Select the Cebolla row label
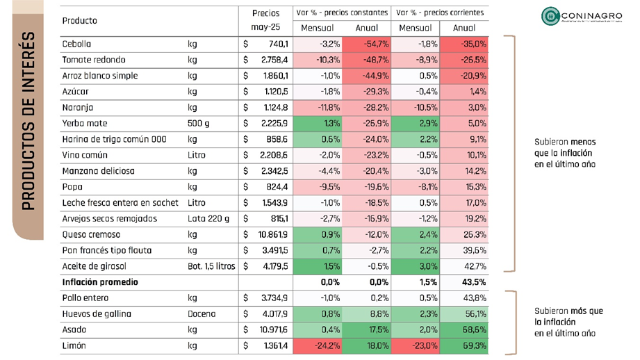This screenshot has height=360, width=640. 76,44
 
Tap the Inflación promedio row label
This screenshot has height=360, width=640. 100,282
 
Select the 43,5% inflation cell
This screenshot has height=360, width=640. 463,282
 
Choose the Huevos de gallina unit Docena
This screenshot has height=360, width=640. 203,313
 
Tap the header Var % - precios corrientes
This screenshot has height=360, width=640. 439,13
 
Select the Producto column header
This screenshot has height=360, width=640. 79,21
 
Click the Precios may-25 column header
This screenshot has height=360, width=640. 266,20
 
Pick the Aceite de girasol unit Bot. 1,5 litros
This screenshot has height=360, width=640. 211,266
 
